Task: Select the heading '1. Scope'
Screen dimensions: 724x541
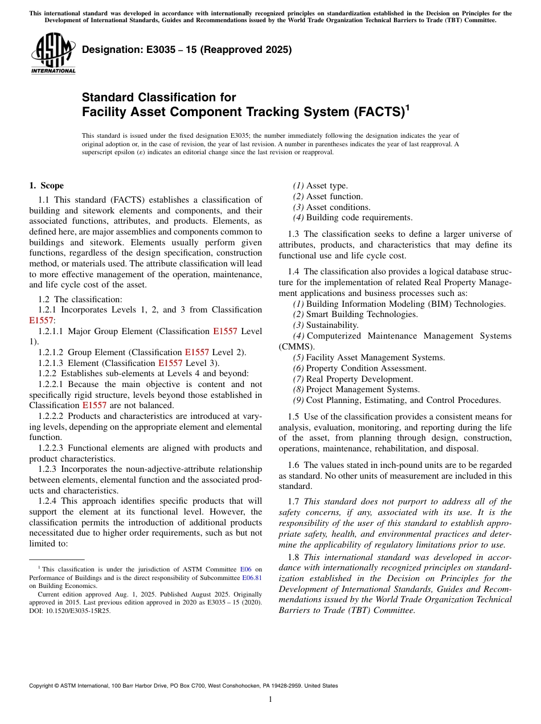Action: pyautogui.click(x=46, y=186)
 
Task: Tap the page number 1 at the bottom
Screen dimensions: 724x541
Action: pyautogui.click(x=270, y=700)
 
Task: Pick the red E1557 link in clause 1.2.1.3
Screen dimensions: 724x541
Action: pyautogui.click(x=170, y=363)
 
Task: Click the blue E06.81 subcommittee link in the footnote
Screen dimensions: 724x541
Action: pyautogui.click(x=252, y=577)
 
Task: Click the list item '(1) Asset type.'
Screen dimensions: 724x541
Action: pyautogui.click(x=320, y=186)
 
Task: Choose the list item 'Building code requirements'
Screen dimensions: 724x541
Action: pyautogui.click(x=359, y=217)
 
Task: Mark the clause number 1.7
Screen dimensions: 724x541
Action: pyautogui.click(x=294, y=501)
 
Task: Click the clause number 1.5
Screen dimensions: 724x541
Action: pyautogui.click(x=294, y=417)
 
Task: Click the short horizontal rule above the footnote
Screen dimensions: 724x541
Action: pyautogui.click(x=56, y=560)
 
